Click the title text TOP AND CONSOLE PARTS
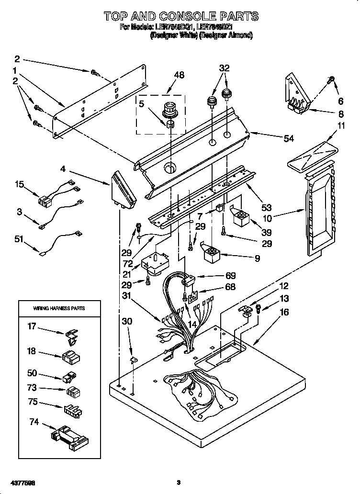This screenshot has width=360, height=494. (181, 17)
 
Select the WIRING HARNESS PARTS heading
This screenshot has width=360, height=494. (59, 308)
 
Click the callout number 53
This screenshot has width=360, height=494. (267, 207)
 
